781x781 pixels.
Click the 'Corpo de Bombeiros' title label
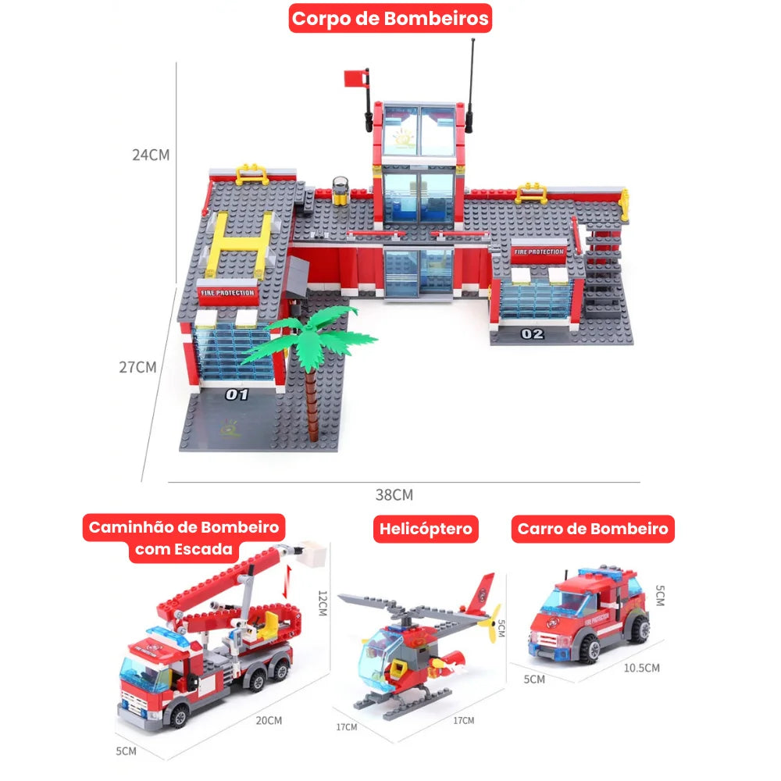(390, 19)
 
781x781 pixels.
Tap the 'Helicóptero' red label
(426, 529)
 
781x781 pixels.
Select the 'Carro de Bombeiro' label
(593, 529)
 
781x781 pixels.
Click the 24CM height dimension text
(151, 155)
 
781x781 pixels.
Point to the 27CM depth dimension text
(137, 367)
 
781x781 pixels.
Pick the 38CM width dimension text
(394, 495)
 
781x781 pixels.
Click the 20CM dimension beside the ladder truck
(269, 721)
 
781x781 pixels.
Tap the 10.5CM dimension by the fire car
(641, 668)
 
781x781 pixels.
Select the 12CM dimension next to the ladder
(323, 603)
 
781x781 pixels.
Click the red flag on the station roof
(355, 78)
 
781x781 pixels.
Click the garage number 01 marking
(237, 395)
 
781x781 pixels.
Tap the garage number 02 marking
(532, 333)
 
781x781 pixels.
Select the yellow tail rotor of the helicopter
(490, 622)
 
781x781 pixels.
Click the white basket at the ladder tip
(314, 553)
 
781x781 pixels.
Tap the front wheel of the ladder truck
(178, 716)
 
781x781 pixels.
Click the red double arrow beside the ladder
(285, 582)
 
